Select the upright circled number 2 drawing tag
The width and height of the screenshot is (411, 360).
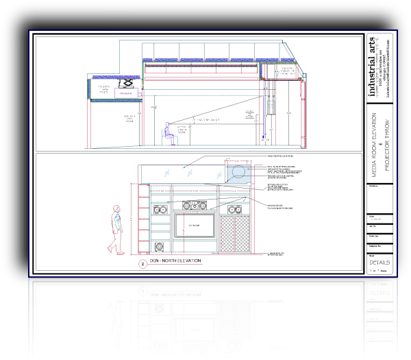click(142, 263)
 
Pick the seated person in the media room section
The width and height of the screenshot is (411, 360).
click(169, 133)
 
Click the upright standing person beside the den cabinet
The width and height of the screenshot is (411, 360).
click(116, 228)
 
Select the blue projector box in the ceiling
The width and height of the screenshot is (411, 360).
click(125, 93)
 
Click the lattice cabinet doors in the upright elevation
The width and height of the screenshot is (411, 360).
click(234, 231)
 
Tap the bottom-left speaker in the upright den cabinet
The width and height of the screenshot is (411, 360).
click(160, 246)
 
